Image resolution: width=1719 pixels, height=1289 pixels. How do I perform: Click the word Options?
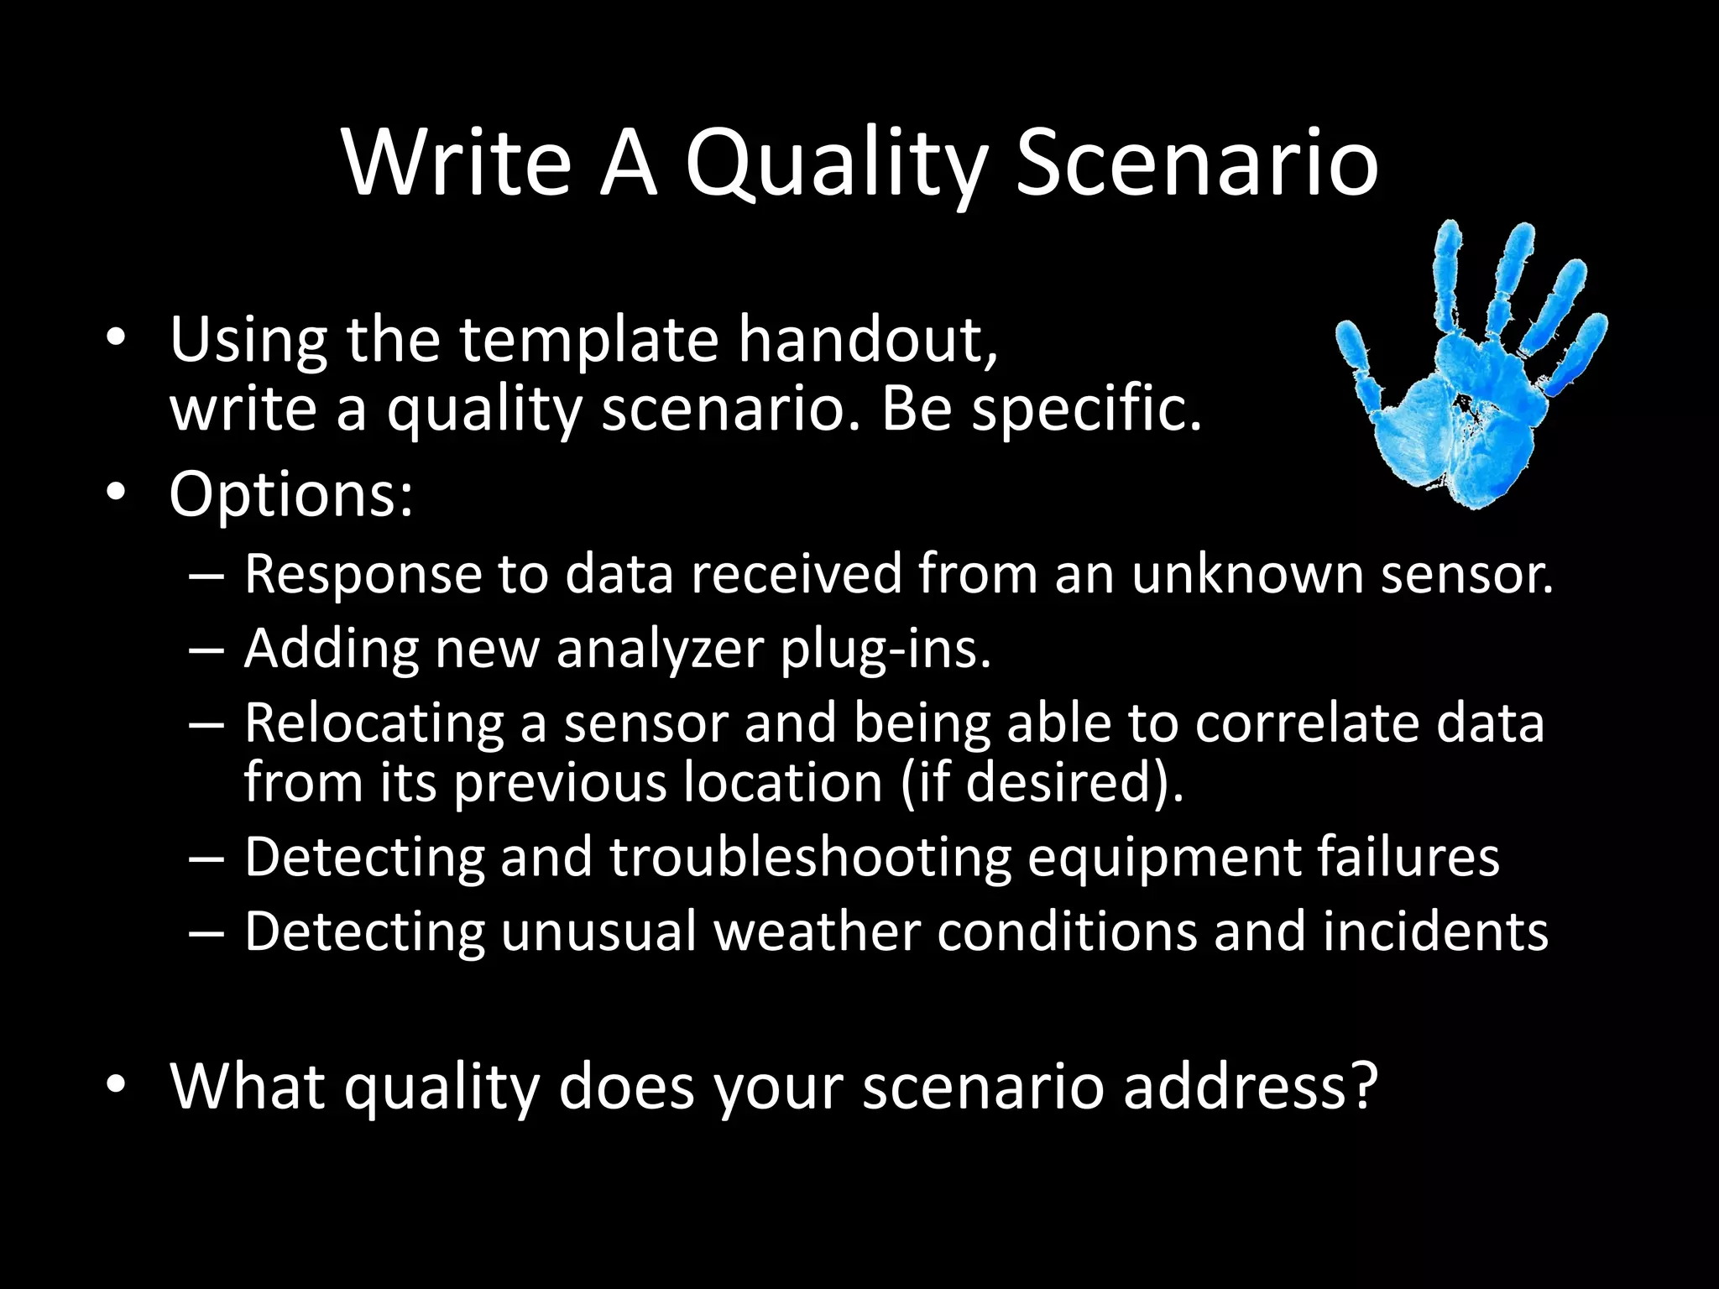[290, 495]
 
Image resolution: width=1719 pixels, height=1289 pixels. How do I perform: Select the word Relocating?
[374, 723]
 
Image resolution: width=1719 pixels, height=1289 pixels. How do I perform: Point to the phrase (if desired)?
[1041, 782]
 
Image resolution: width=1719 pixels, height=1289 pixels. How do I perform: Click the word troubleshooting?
[810, 857]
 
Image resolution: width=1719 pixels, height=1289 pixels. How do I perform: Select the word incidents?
[1435, 932]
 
